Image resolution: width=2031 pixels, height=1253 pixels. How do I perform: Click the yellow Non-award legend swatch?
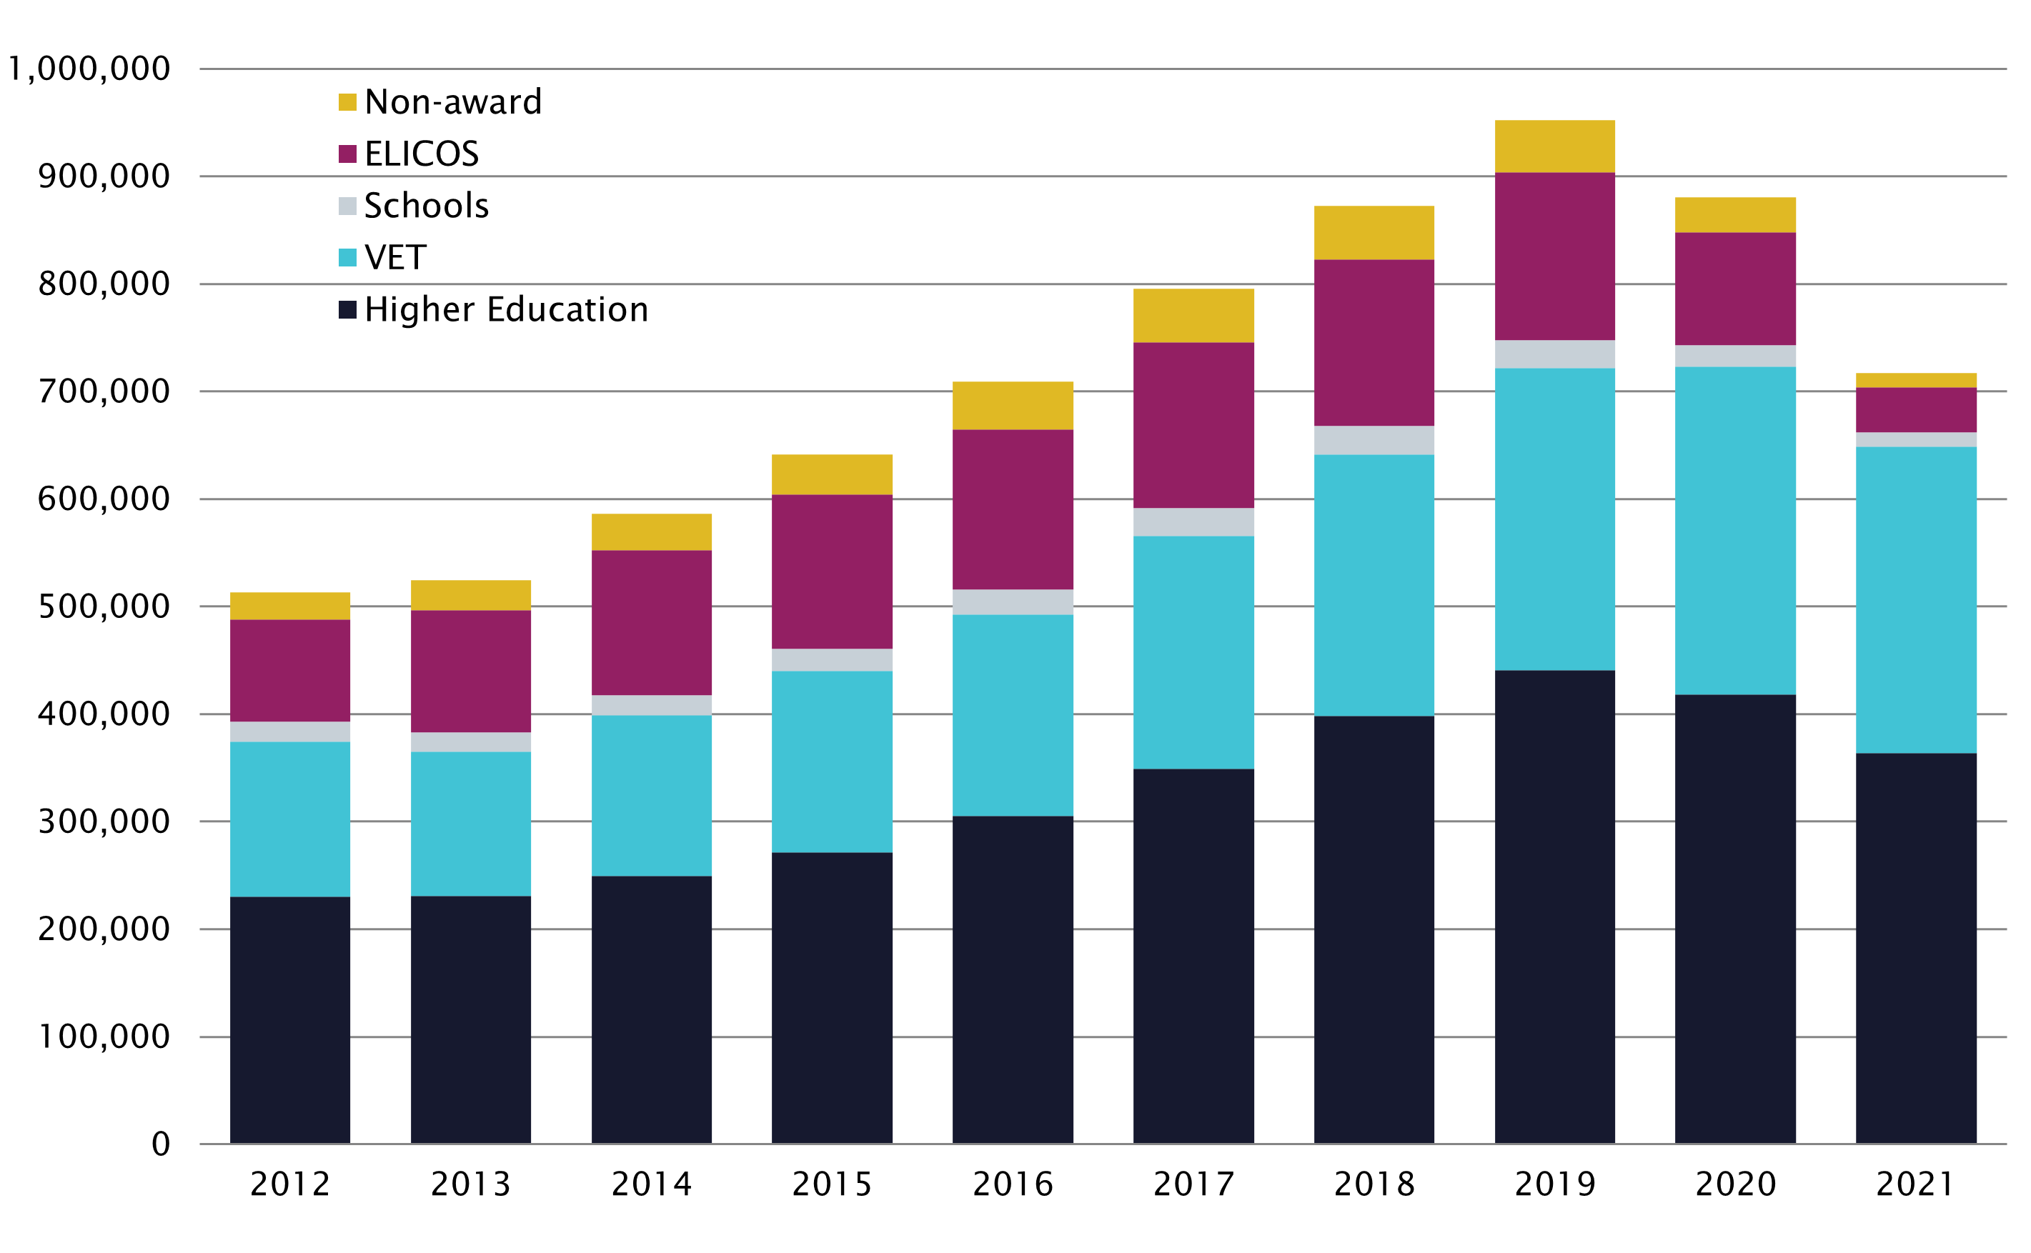pyautogui.click(x=347, y=102)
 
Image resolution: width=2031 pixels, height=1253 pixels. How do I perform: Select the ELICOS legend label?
pyautogui.click(x=421, y=154)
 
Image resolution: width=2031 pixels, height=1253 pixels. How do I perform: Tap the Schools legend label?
pyautogui.click(x=426, y=206)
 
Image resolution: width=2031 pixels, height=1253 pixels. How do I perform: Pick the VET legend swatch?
pyautogui.click(x=347, y=258)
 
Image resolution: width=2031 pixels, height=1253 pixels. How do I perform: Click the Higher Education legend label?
pyautogui.click(x=506, y=310)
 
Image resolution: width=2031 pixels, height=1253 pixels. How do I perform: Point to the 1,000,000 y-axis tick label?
pyautogui.click(x=89, y=69)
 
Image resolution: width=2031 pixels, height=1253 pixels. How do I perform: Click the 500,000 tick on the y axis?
pyautogui.click(x=104, y=606)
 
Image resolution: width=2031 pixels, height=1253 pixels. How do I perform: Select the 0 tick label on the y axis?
pyautogui.click(x=161, y=1144)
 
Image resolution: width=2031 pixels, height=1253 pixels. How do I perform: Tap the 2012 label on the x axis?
pyautogui.click(x=290, y=1184)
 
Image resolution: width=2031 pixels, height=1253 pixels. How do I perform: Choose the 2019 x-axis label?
pyautogui.click(x=1554, y=1184)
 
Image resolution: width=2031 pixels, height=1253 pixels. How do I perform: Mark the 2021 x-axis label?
pyautogui.click(x=1916, y=1184)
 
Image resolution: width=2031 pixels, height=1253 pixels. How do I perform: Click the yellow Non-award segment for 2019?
pyautogui.click(x=1554, y=146)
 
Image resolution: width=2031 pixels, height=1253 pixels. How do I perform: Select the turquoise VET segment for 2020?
pyautogui.click(x=1735, y=530)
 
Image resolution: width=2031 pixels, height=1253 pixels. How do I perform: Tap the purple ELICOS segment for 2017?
pyautogui.click(x=1193, y=425)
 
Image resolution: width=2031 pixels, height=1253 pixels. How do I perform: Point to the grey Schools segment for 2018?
pyautogui.click(x=1374, y=440)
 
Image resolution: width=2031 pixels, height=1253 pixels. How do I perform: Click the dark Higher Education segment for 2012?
pyautogui.click(x=290, y=1019)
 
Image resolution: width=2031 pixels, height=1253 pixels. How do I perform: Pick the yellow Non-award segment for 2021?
pyautogui.click(x=1916, y=380)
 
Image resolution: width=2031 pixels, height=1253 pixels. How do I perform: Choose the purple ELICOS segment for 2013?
pyautogui.click(x=471, y=672)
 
